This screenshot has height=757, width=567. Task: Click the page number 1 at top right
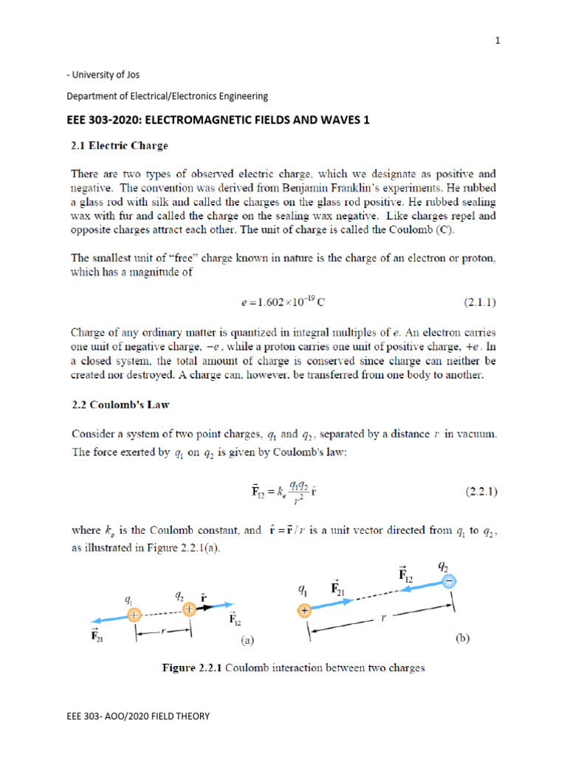pyautogui.click(x=498, y=41)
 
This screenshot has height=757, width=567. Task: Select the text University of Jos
pyautogui.click(x=106, y=75)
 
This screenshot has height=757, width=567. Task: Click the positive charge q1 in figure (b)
pyautogui.click(x=303, y=610)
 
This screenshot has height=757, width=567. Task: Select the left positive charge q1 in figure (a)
pyautogui.click(x=134, y=614)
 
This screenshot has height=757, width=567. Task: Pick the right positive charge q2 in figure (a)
pyautogui.click(x=189, y=609)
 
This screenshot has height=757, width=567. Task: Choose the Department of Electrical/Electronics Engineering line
pyautogui.click(x=167, y=96)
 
